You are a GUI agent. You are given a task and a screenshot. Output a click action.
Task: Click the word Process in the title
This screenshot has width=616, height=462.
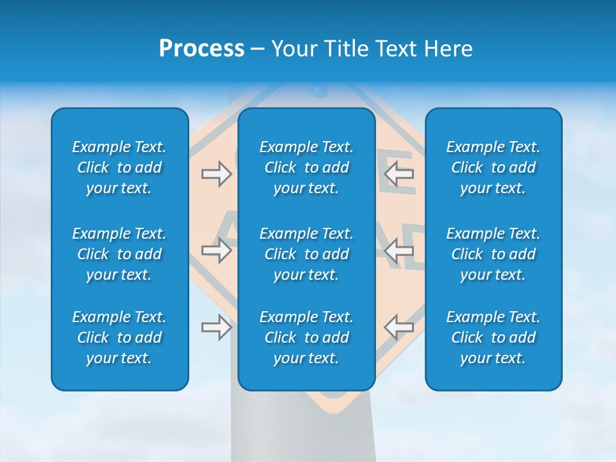201,49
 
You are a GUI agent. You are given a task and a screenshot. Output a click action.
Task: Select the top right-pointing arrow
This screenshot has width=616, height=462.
216,174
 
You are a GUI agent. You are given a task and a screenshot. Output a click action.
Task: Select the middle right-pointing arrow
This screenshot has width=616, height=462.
216,250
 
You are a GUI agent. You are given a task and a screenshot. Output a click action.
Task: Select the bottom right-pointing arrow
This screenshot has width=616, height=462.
216,327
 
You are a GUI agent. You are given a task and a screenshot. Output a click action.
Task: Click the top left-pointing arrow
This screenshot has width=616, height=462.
398,174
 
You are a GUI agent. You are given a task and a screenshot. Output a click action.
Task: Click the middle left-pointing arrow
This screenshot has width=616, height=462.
398,250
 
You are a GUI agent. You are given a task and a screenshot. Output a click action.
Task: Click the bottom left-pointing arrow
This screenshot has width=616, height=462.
398,327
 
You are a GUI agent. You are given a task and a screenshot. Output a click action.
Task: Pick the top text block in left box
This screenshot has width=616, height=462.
119,167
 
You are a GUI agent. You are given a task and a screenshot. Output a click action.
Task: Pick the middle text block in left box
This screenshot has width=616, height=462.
119,254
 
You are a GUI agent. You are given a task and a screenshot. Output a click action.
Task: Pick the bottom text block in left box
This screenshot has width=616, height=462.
119,338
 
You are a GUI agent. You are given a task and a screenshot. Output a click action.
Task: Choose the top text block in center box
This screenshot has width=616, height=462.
306,167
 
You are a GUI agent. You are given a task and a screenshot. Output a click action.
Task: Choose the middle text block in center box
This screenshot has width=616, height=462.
306,254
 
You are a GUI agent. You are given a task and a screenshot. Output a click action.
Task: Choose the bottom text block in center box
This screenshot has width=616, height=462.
306,338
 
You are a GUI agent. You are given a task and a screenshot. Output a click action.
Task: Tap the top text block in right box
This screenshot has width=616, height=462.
493,167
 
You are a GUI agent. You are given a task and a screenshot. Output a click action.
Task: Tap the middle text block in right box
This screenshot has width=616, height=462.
493,254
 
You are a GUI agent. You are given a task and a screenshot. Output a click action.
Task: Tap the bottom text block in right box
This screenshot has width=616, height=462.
493,338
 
